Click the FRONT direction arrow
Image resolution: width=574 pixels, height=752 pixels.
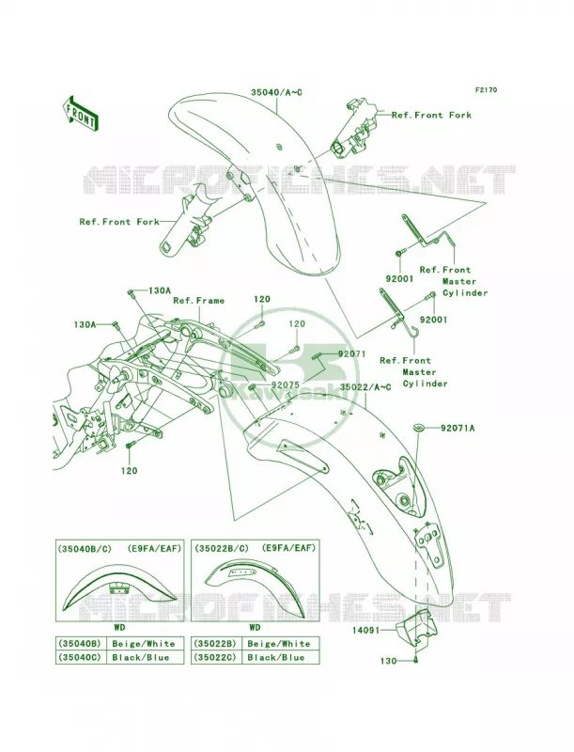80,112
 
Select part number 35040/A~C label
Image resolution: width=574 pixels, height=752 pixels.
276,91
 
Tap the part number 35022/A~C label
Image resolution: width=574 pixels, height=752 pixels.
365,386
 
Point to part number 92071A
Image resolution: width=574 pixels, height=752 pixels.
458,428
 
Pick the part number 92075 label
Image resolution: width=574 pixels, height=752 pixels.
285,384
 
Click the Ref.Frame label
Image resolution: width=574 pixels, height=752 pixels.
198,301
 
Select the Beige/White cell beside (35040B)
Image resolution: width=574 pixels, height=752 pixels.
144,644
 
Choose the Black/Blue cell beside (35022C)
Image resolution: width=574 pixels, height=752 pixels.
279,657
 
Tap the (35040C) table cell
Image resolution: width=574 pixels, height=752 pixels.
80,657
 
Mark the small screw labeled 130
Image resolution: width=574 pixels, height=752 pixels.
416,661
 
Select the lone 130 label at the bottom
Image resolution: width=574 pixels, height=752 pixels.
388,661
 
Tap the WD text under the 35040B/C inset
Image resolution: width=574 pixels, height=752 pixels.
119,627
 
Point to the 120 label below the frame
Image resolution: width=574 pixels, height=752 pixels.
129,471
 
